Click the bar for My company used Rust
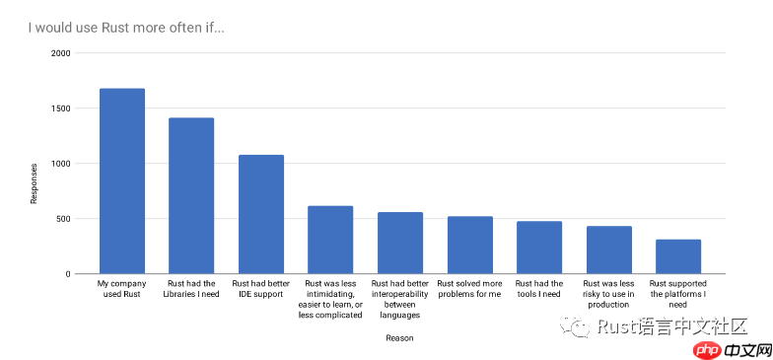pyautogui.click(x=122, y=181)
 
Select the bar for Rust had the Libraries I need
pyautogui.click(x=191, y=196)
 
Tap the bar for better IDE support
pyautogui.click(x=261, y=214)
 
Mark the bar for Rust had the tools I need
pyautogui.click(x=539, y=248)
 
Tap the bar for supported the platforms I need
pyautogui.click(x=678, y=256)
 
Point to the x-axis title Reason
pyautogui.click(x=399, y=338)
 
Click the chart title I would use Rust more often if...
pyautogui.click(x=126, y=27)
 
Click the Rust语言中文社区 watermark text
pyautogui.click(x=674, y=326)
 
